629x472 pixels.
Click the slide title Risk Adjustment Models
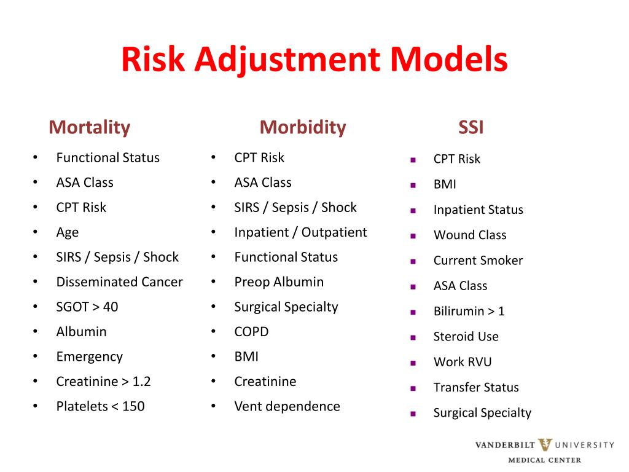[x=314, y=60]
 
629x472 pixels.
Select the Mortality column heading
[x=89, y=127]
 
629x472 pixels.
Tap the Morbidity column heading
[x=302, y=127]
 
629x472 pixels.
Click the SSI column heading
[x=471, y=127]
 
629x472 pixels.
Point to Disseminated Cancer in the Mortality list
[x=119, y=282]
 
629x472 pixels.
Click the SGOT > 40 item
[x=87, y=307]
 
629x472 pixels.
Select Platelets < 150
[x=100, y=406]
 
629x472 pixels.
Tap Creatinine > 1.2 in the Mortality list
[x=103, y=382]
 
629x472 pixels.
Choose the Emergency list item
[x=89, y=356]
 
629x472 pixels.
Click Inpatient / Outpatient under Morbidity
[x=300, y=232]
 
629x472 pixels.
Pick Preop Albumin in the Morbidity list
[x=279, y=282]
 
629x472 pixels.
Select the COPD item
[x=251, y=332]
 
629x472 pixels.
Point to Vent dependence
[x=287, y=406]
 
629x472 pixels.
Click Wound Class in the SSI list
[x=470, y=235]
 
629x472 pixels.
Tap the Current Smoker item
[x=478, y=261]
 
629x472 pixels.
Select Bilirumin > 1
[x=469, y=311]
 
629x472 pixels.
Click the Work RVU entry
[x=463, y=362]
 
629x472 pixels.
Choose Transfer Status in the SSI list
[x=476, y=387]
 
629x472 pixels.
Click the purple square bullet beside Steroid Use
[x=413, y=337]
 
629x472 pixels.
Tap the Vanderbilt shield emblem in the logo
[x=545, y=445]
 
